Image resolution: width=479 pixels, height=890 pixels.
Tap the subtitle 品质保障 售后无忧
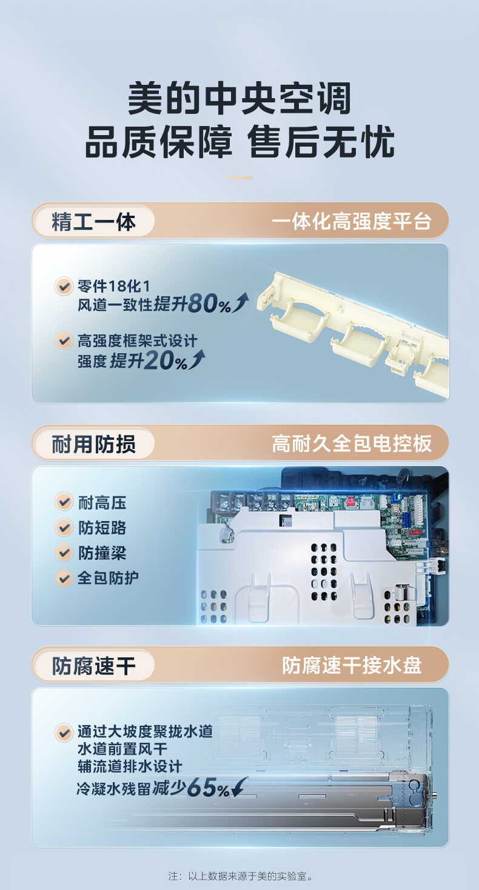239,143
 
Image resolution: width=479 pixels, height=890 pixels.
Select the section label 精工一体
93,222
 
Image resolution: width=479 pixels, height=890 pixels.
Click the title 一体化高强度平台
351,222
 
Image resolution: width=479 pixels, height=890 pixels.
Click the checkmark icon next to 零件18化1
64,285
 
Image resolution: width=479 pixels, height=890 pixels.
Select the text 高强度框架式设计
137,341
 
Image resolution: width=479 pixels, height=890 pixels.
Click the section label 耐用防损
93,444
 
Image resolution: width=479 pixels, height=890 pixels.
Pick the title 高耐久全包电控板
351,444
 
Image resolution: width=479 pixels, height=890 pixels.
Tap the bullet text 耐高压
102,502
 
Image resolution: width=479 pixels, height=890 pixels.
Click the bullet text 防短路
102,528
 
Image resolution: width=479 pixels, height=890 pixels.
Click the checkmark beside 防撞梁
64,553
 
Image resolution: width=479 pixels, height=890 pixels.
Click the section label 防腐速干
93,666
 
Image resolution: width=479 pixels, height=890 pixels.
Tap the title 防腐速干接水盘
351,666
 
